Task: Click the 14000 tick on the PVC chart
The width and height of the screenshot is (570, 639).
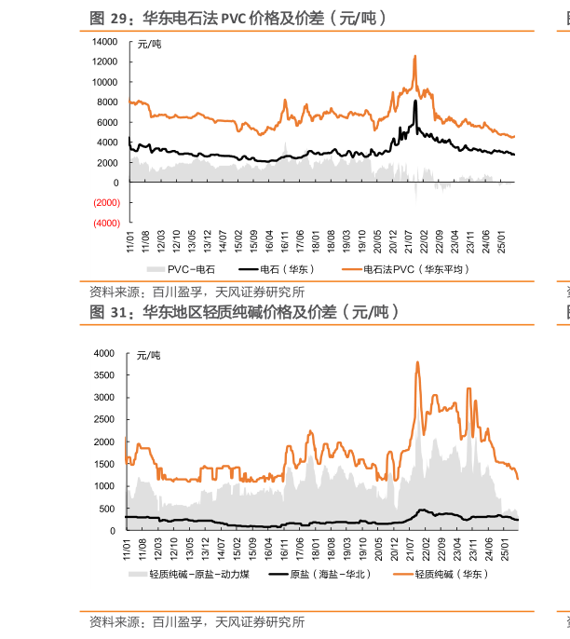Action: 105,42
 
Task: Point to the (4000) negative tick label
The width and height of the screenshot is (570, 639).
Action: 105,224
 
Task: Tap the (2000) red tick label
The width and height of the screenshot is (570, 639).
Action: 105,203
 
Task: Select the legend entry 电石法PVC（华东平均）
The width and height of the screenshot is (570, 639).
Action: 415,269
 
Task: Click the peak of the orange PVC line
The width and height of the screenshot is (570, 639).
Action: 414,57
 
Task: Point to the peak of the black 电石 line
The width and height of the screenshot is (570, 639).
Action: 415,102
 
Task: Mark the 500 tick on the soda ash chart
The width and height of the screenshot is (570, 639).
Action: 106,509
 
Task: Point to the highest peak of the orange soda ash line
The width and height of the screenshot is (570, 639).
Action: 417,362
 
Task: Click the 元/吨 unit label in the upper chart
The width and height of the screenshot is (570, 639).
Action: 149,44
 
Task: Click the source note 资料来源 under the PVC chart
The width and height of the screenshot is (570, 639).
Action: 197,292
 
